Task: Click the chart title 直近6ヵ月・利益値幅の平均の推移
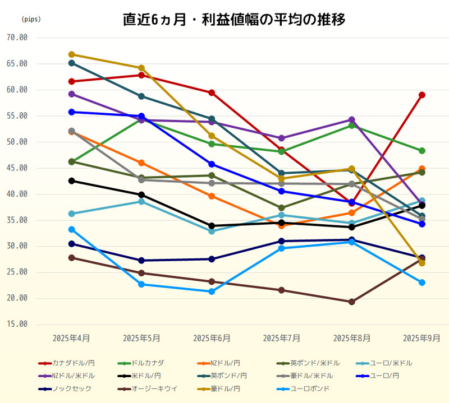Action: click(x=233, y=20)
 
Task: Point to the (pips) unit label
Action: click(x=31, y=19)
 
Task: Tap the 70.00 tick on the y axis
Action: click(x=16, y=38)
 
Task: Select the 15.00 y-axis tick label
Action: click(x=16, y=325)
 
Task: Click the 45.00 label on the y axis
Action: click(x=16, y=168)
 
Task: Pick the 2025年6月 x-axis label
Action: click(x=212, y=338)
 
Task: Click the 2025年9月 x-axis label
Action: click(x=422, y=338)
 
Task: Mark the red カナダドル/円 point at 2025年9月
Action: click(x=422, y=95)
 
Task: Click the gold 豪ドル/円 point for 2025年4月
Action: click(x=71, y=54)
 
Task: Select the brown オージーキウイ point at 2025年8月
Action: click(x=352, y=302)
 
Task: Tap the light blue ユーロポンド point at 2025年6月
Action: click(x=212, y=291)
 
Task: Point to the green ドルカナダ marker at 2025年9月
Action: click(x=422, y=151)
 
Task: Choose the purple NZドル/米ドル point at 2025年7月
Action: click(x=282, y=138)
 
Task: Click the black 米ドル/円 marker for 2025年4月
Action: click(x=71, y=180)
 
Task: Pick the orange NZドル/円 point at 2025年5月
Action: click(x=141, y=163)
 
